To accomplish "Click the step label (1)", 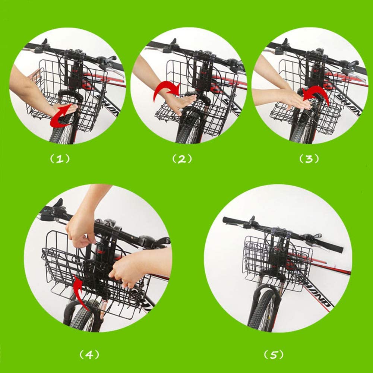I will (60, 159).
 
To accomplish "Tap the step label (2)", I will (182, 159).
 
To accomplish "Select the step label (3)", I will (309, 159).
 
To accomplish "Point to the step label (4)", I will (90, 354).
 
